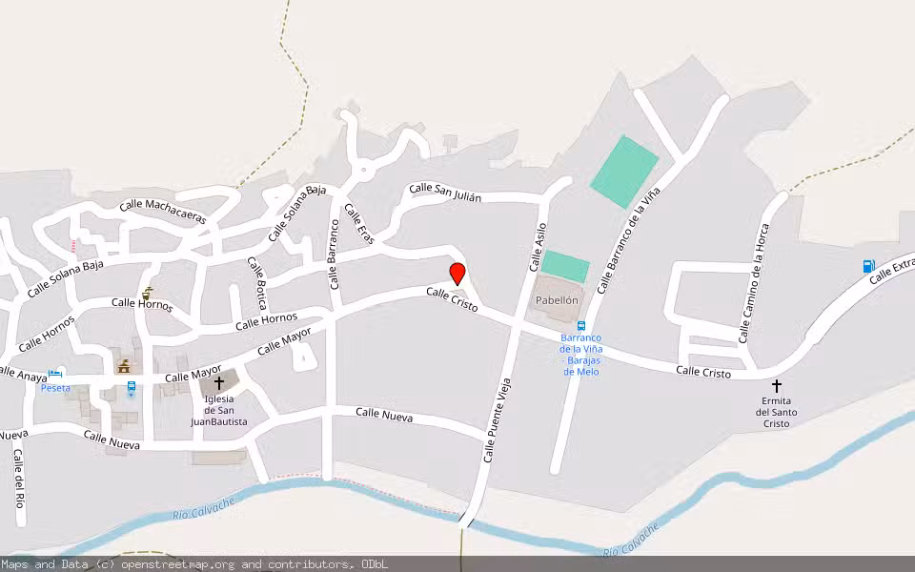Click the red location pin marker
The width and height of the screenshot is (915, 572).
[x=457, y=274]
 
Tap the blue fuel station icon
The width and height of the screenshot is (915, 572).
[x=868, y=267]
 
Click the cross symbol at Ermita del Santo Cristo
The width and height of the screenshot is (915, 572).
[x=776, y=386]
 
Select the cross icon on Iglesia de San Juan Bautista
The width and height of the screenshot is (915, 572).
[x=219, y=383]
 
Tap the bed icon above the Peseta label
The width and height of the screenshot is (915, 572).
[x=56, y=374]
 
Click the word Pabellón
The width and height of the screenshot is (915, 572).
[x=558, y=300]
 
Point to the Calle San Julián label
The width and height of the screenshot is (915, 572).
[x=445, y=192]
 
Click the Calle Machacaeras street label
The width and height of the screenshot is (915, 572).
[x=163, y=212]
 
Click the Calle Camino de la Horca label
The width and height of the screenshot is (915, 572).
[x=753, y=283]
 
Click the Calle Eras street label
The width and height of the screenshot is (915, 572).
[x=359, y=223]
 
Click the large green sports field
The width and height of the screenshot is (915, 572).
[x=624, y=172]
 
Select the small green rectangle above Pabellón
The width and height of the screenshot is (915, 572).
[x=565, y=266]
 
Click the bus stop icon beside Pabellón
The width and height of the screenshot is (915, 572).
[x=580, y=326]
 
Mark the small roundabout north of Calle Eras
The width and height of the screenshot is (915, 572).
[x=362, y=173]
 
